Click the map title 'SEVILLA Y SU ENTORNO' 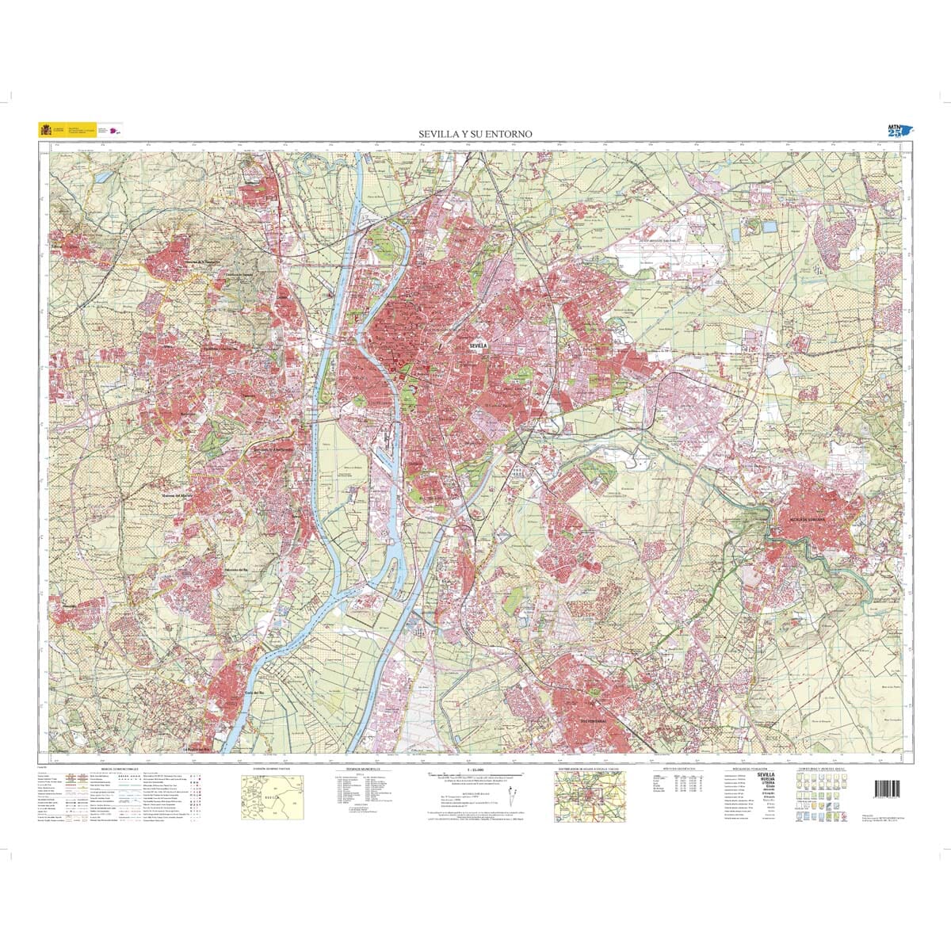tap(475, 135)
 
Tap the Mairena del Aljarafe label tap(178, 496)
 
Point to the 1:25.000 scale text tap(475, 770)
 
